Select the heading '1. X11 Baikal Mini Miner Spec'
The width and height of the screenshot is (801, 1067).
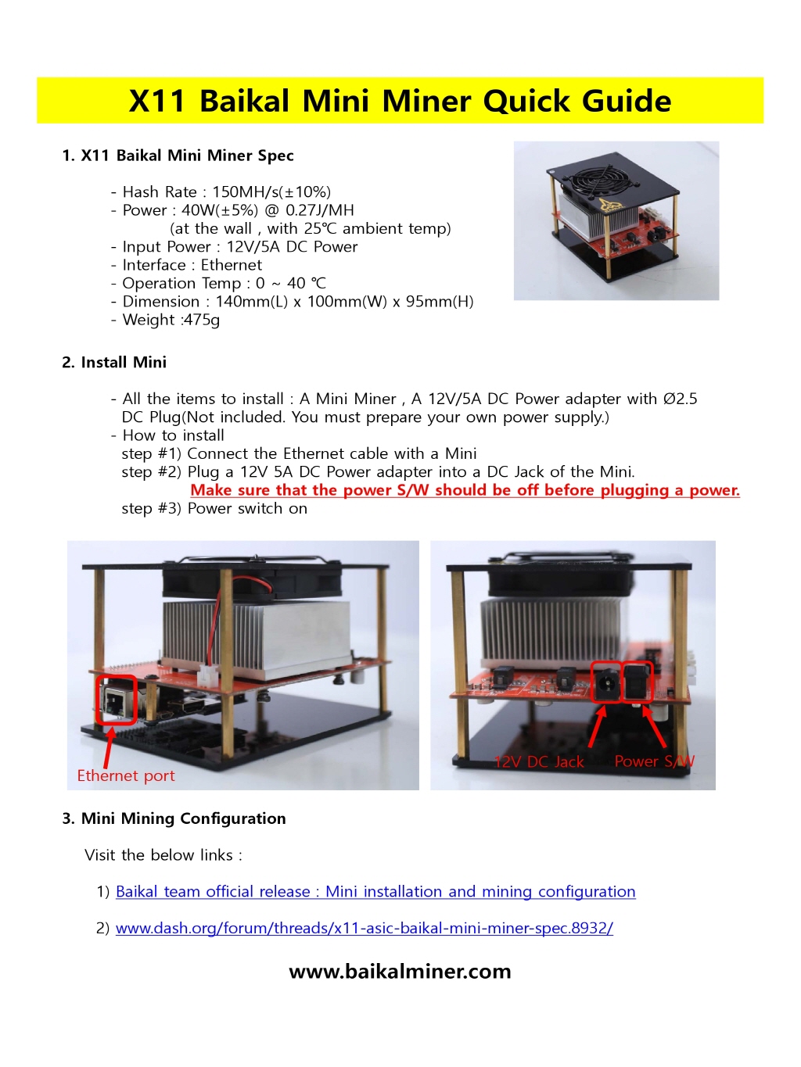[178, 156]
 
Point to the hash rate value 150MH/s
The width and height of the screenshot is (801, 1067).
[246, 192]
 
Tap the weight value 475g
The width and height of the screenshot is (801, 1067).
[201, 320]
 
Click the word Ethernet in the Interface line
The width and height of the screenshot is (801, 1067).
[231, 265]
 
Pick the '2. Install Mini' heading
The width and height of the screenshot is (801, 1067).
[114, 362]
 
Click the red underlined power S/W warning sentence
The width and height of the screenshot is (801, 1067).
[465, 490]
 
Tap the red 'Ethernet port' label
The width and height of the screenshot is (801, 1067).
[126, 775]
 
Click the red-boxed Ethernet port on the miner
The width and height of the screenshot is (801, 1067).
[117, 700]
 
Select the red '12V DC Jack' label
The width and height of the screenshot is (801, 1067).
[539, 761]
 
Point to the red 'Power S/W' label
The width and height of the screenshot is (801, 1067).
[655, 761]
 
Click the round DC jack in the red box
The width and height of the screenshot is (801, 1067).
[606, 683]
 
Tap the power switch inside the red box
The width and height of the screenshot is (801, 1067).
[638, 682]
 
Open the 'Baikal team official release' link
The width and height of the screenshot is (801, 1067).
[375, 892]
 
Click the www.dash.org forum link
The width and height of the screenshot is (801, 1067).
[365, 928]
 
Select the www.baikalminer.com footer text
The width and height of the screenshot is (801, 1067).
[400, 971]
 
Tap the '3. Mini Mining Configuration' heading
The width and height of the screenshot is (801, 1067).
[174, 818]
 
